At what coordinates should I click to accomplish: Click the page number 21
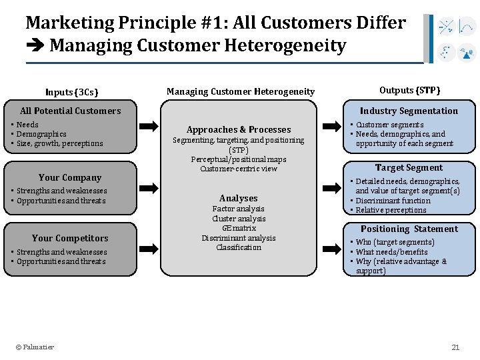click(x=456, y=347)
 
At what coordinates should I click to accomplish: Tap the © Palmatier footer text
click(x=35, y=347)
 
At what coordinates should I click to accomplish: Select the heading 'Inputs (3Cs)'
click(x=72, y=92)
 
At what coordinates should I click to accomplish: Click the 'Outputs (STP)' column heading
click(x=409, y=90)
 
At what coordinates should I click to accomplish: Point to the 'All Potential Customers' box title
click(x=71, y=111)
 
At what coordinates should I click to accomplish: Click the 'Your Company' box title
click(x=70, y=177)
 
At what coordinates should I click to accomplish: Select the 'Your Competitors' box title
click(x=70, y=238)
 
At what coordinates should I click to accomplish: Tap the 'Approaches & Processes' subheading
click(x=239, y=129)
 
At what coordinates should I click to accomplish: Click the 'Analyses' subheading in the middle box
click(x=238, y=198)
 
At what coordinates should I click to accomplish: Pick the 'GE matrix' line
click(x=238, y=228)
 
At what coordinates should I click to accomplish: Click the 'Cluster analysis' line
click(x=238, y=219)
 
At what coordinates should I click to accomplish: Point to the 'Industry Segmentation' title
click(x=409, y=111)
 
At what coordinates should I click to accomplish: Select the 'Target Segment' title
click(x=409, y=167)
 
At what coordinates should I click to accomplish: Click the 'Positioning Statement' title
click(x=409, y=229)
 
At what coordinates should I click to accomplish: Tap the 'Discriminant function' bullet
click(x=393, y=201)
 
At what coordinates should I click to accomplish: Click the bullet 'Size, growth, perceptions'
click(x=60, y=143)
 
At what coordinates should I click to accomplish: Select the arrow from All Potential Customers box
click(x=149, y=125)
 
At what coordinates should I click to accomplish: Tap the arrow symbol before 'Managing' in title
click(x=35, y=46)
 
